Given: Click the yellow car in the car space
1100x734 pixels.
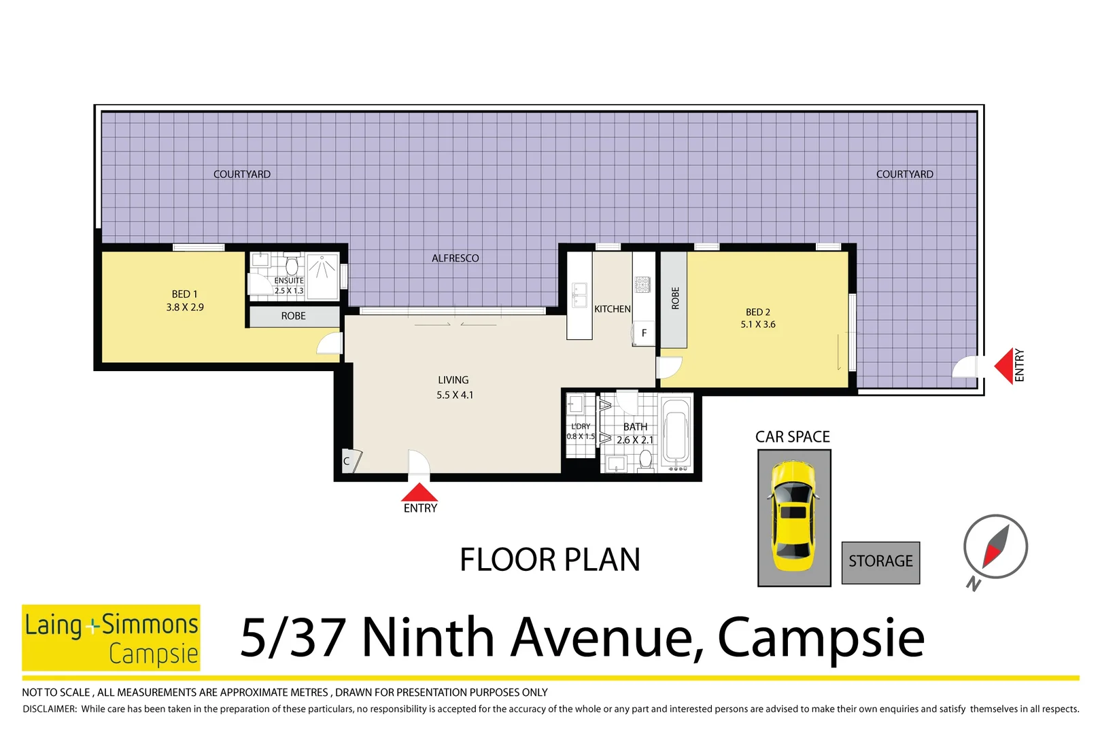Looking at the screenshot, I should (793, 517).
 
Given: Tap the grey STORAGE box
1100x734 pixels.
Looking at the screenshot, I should (880, 562).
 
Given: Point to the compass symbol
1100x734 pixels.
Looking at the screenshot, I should (995, 547).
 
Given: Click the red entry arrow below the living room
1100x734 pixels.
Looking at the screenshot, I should (419, 493).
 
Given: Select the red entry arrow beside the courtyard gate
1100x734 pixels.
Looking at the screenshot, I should (1004, 366).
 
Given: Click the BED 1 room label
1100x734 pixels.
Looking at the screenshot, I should (184, 294).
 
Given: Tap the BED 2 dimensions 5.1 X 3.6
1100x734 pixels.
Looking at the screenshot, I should (758, 325).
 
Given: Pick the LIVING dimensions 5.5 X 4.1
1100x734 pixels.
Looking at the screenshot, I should (455, 395).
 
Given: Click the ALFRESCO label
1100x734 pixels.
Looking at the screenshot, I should (455, 258).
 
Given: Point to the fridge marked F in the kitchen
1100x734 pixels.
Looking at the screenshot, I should (644, 333).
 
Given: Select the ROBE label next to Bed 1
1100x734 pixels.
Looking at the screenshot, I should (294, 316).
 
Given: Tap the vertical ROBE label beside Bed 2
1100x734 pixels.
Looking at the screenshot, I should (675, 298).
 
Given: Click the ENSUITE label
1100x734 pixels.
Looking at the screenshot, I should (289, 281).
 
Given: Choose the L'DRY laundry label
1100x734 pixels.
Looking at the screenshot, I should (581, 426).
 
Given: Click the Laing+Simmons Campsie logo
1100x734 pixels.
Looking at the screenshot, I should (111, 637).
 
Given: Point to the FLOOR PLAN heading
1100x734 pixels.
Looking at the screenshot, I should (550, 561).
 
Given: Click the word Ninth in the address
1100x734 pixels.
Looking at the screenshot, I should (428, 638).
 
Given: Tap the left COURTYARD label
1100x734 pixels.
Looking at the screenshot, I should (242, 175).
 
